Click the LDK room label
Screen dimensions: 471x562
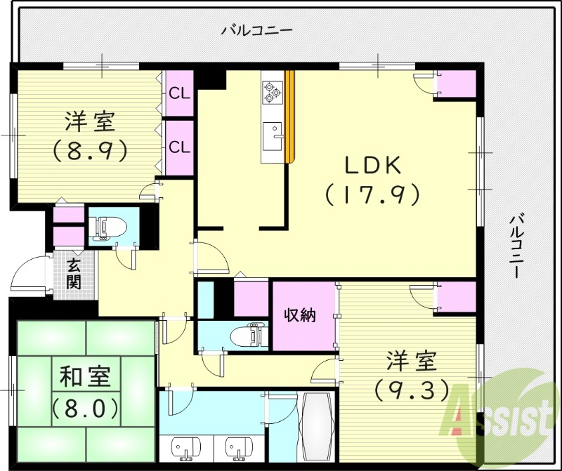(x=372, y=165)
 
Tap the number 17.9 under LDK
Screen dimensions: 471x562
(x=372, y=193)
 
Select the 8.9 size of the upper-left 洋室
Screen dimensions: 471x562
(x=89, y=149)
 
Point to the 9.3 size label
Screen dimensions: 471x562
(x=411, y=388)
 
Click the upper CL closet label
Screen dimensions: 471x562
(x=179, y=92)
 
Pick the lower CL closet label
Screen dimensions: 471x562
(x=179, y=147)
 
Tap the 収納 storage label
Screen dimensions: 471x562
(x=300, y=316)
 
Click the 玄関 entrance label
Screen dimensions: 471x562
(x=73, y=274)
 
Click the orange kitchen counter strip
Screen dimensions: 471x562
(x=289, y=116)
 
